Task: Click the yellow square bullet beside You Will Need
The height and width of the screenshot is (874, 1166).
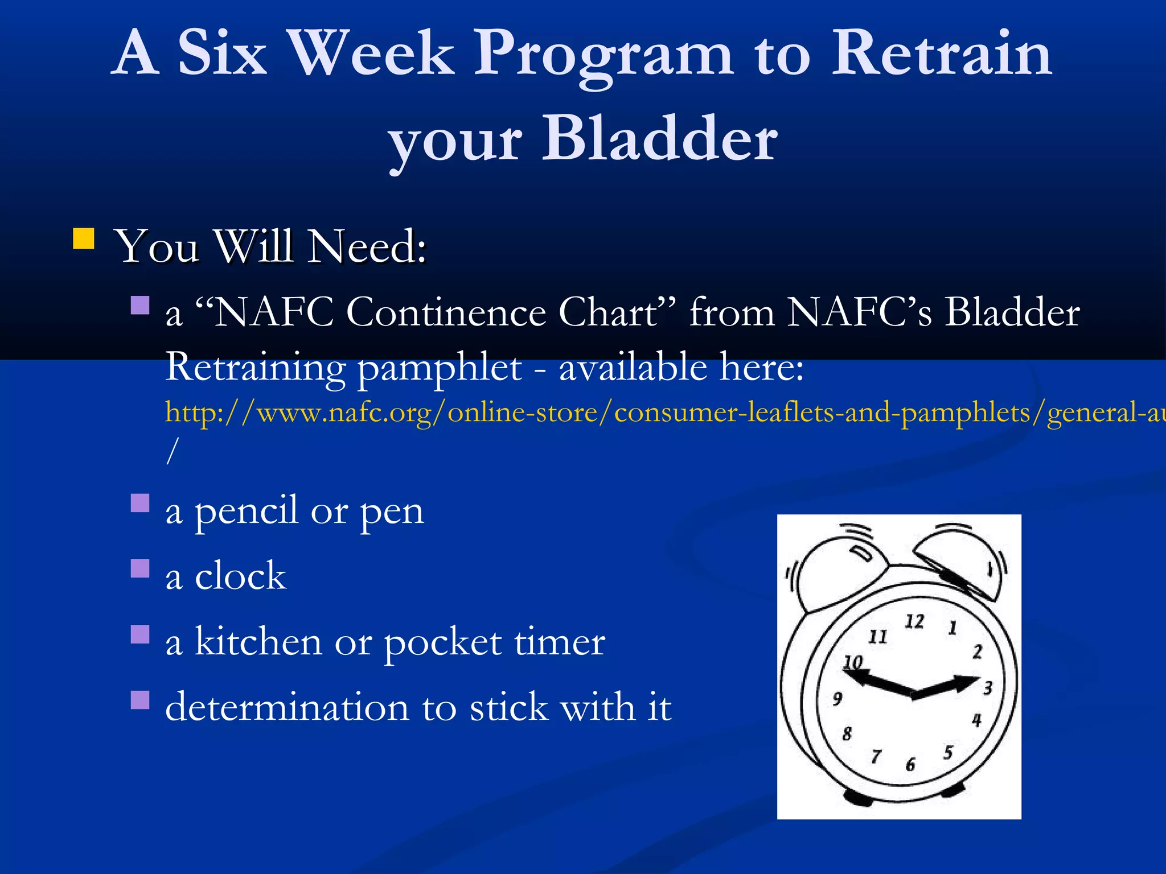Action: [x=83, y=239]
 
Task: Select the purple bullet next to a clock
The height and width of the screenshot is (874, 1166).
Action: [x=140, y=568]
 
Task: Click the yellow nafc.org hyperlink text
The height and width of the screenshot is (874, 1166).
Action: [x=626, y=412]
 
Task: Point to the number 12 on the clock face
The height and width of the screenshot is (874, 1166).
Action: [x=914, y=621]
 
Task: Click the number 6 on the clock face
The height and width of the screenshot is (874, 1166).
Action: [x=910, y=764]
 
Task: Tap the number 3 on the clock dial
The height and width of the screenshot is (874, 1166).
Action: [x=988, y=688]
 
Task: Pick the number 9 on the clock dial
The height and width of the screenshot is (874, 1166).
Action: [x=837, y=698]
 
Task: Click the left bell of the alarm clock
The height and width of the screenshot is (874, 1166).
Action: [x=837, y=575]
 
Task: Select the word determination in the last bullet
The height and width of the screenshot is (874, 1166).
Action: [x=286, y=707]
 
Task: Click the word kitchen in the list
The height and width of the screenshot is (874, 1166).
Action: [x=258, y=641]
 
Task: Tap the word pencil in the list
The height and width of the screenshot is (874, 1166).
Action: [x=247, y=511]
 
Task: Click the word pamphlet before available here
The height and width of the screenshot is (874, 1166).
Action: [x=439, y=368]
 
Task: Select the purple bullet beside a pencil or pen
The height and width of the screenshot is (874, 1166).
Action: [x=140, y=503]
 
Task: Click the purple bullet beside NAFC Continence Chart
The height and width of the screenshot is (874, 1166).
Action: [x=140, y=305]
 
